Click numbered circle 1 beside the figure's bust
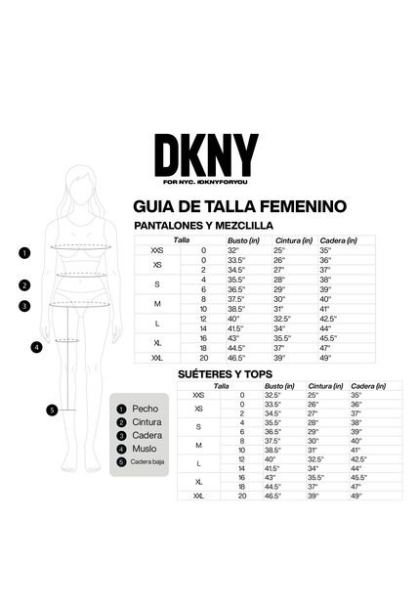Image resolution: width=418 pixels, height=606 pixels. pyautogui.click(x=24, y=252)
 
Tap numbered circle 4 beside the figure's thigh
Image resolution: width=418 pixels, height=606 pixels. pyautogui.click(x=36, y=346)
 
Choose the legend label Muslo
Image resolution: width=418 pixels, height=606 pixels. pyautogui.click(x=145, y=449)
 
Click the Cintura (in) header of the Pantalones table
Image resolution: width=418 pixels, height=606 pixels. pyautogui.click(x=294, y=239)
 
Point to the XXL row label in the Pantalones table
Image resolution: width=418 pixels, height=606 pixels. pyautogui.click(x=157, y=360)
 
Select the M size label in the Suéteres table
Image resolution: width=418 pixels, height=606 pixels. pyautogui.click(x=198, y=446)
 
